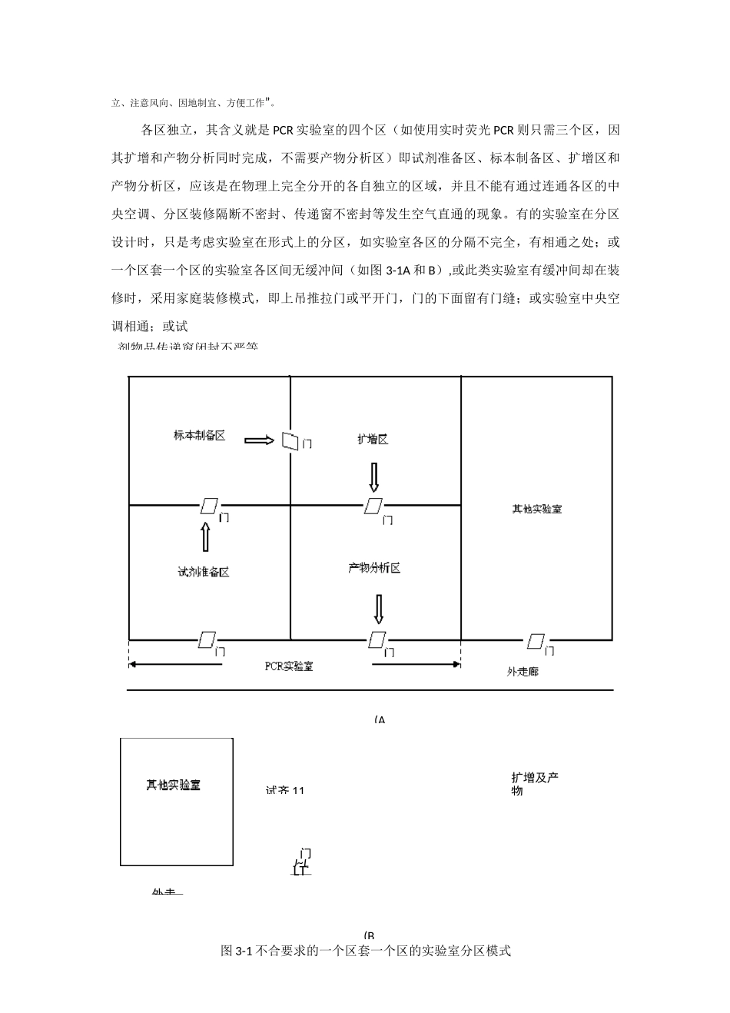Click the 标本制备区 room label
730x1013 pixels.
coord(199,435)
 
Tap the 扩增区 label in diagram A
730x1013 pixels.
coord(373,439)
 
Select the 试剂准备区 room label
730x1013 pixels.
coord(203,572)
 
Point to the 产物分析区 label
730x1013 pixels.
coord(374,568)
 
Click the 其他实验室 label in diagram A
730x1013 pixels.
coord(537,509)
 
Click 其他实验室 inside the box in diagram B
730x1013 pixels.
coord(174,785)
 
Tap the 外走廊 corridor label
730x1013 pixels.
coord(523,671)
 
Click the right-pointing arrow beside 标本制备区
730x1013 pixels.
coord(259,440)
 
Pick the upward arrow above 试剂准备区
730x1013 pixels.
coord(205,536)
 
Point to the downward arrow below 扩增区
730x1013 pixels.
coord(374,477)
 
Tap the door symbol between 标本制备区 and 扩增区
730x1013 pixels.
coord(290,440)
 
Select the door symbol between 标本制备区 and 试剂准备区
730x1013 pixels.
coord(209,505)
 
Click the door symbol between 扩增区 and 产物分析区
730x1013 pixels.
coord(374,505)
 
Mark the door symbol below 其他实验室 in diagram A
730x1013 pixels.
coord(536,641)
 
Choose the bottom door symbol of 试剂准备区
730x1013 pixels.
coord(207,639)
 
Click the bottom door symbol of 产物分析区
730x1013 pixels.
coord(377,639)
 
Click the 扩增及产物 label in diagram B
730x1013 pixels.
coord(534,783)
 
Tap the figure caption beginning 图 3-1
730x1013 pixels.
coord(366,951)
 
